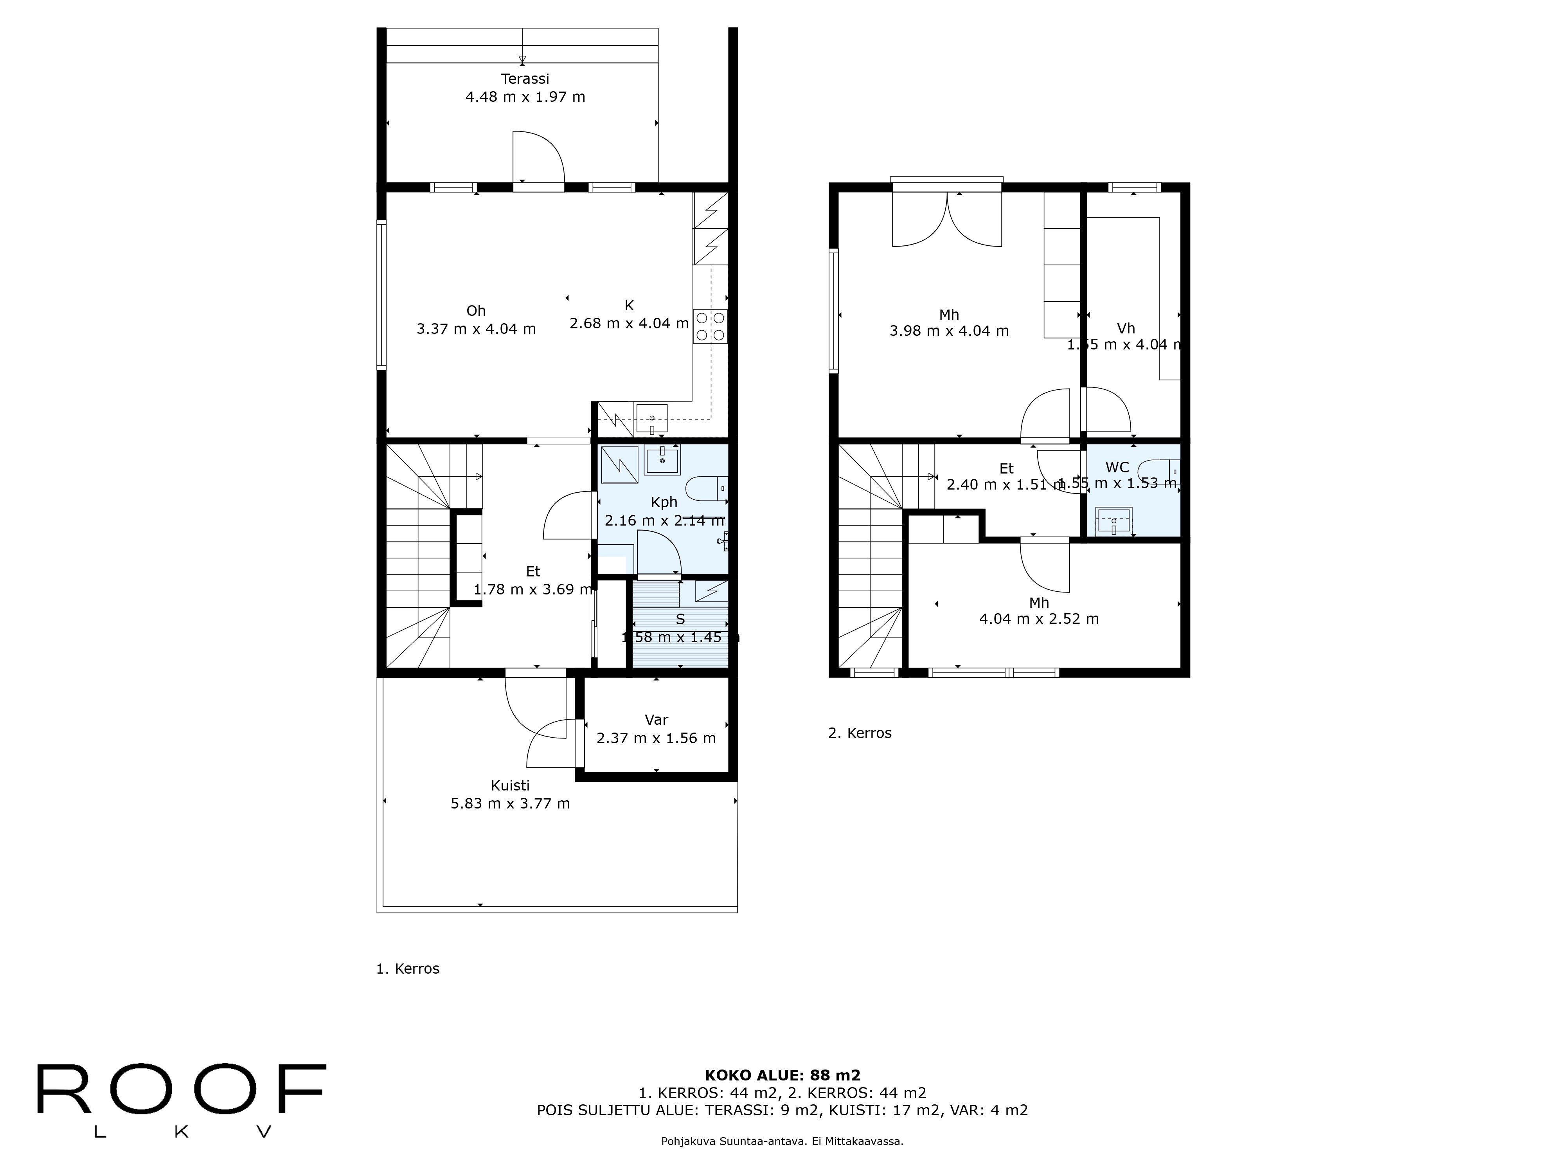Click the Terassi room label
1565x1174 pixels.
coord(525,79)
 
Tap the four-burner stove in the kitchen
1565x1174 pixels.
coord(711,326)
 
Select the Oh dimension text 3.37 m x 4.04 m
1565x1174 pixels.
coord(476,329)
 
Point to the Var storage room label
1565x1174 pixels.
coord(656,720)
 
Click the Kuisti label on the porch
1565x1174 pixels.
coord(510,785)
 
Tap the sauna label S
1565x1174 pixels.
coord(680,619)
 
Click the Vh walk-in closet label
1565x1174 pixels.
coord(1126,328)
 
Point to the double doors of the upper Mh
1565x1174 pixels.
coord(947,220)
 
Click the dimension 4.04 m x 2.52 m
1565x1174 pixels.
coord(1039,619)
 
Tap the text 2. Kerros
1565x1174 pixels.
coord(860,733)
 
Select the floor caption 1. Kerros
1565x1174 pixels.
coord(408,969)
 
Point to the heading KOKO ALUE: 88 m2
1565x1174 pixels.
coord(782,1076)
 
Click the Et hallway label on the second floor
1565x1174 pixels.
coord(1006,468)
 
